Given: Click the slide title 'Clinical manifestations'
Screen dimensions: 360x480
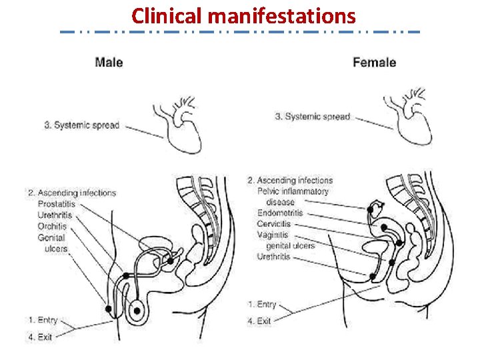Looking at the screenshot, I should pos(243,15).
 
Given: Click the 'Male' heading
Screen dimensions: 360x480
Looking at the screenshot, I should pos(109,63).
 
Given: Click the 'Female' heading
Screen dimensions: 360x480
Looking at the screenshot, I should pos(374,63).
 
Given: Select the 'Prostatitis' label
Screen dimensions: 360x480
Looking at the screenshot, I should pos(57,203).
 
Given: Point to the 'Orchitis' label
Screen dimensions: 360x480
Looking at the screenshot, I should pos(52,226).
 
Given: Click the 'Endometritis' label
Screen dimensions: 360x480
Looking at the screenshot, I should pos(280,213).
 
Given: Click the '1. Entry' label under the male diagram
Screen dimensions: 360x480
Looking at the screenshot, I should pos(43,321).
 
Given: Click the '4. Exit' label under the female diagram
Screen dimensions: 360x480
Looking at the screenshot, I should pos(259,321).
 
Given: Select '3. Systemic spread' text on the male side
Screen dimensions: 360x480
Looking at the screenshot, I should pos(82,125).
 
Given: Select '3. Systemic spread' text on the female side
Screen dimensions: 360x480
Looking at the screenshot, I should pos(313,117).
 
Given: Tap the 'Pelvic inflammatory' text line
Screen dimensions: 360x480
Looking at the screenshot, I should pos(293,191).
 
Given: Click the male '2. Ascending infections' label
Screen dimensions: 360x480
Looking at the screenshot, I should pos(72,193).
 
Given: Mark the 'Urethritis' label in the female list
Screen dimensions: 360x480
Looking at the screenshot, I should pos(274,256).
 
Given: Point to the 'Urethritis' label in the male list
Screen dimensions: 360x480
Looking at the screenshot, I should pos(55,215).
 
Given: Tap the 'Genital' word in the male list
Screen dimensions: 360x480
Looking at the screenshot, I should pos(51,237).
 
